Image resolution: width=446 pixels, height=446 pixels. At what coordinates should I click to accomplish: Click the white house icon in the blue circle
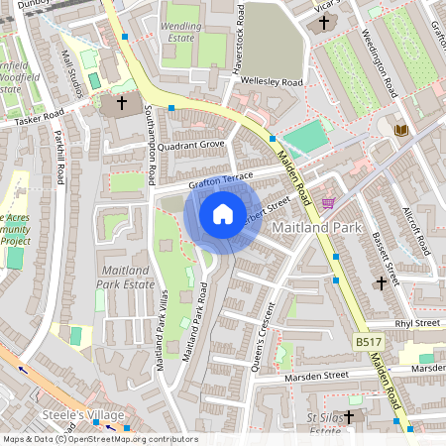coord(223,213)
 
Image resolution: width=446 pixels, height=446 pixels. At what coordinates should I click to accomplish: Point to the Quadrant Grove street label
coord(190,145)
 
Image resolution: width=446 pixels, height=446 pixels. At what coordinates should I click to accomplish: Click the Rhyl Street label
coord(416,323)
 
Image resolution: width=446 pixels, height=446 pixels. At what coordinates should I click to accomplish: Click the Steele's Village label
coord(87,414)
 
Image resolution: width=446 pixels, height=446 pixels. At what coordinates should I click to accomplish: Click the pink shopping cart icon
coord(328,202)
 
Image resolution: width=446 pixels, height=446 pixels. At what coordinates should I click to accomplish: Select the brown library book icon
coord(400,130)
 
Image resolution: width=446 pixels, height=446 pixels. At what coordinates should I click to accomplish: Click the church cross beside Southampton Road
coord(122,103)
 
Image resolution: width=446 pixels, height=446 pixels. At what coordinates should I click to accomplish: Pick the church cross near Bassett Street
coord(382,284)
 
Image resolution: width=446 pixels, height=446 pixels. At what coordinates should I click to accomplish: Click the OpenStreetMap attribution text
coord(99,439)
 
